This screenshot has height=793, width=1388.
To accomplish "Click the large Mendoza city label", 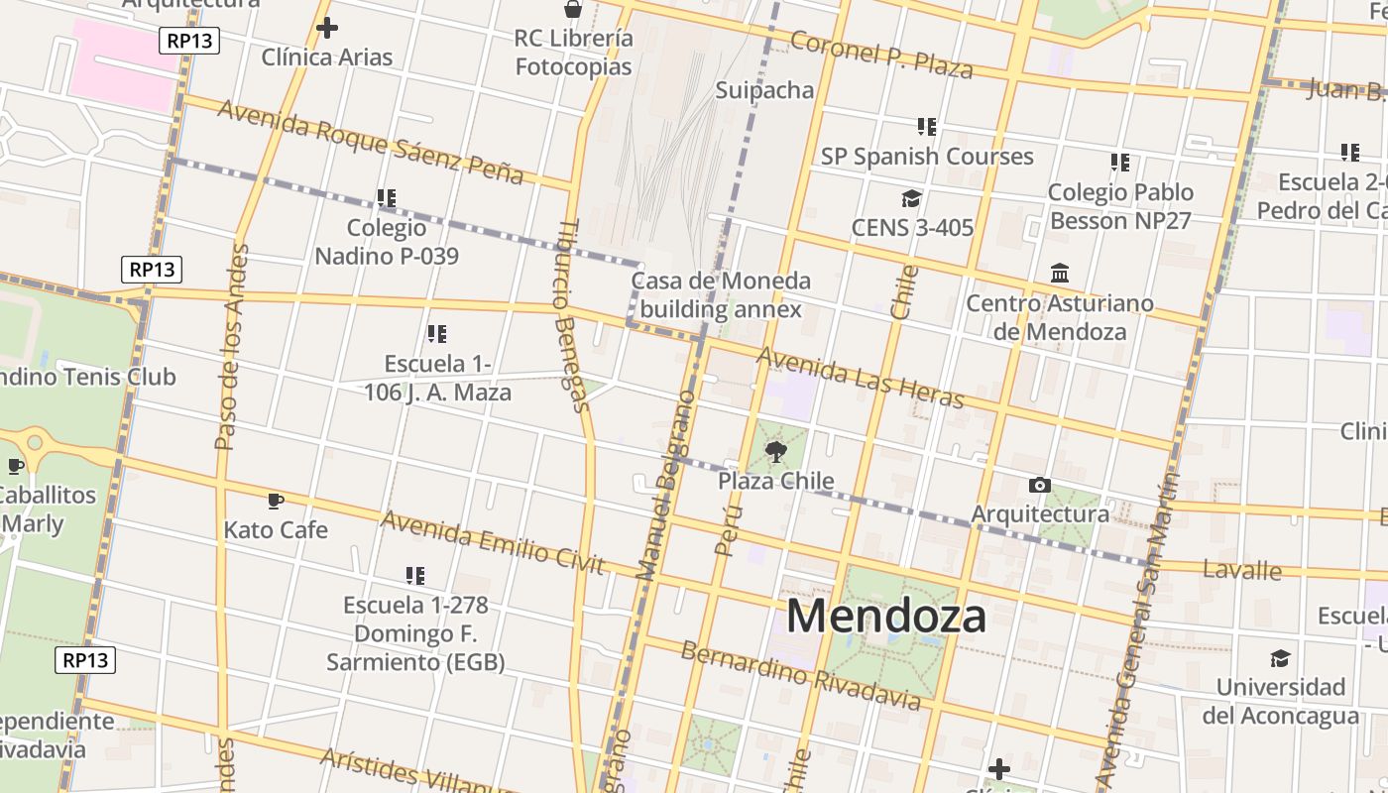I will point(886,616).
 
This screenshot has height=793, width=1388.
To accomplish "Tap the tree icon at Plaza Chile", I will point(776,453).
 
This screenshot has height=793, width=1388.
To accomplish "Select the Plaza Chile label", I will point(776,482).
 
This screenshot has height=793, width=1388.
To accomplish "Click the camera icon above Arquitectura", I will point(1039,485).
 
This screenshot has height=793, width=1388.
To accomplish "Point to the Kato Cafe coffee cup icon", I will point(276,502).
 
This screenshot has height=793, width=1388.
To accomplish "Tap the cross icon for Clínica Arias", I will point(326,28).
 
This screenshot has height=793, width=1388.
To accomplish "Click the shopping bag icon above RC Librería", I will point(573,10).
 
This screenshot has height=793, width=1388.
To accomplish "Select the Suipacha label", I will point(764,90).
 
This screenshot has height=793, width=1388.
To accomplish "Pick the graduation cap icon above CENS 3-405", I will point(911,199).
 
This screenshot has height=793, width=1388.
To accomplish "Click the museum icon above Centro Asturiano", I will point(1060,273).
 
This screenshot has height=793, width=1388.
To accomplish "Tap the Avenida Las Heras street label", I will point(860,378).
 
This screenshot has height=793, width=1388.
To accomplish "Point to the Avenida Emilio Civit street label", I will point(492,542).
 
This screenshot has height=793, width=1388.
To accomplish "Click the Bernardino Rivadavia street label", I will point(801,676).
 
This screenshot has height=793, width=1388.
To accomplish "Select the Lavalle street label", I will point(1241,570).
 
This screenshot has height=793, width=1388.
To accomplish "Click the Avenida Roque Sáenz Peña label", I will point(370,143).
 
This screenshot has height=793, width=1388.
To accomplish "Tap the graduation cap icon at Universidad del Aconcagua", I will point(1280,658).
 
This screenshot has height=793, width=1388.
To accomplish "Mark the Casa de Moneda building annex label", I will point(721,294).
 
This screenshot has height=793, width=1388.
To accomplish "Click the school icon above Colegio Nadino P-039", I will point(387,198).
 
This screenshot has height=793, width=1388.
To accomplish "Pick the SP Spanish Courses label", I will point(926,157).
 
